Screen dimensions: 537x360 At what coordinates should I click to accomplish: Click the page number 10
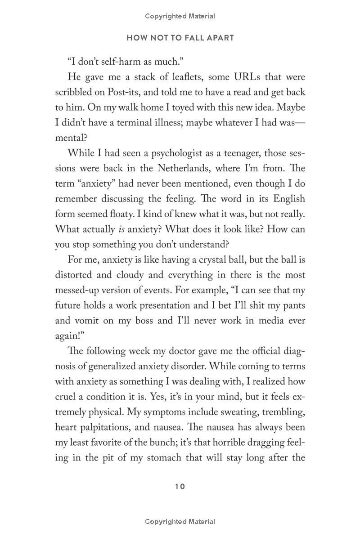coord(180,487)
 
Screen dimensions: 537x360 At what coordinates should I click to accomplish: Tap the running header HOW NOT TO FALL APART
coord(180,38)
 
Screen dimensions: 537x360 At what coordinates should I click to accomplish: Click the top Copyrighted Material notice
coord(180,16)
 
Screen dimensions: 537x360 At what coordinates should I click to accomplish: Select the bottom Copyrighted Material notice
coord(180,522)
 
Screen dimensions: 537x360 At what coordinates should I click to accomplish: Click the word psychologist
coord(165,153)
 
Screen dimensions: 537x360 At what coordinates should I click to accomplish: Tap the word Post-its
coord(126,93)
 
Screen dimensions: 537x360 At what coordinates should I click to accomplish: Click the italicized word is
coord(121,229)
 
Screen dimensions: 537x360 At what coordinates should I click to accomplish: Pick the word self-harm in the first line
coord(118,62)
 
